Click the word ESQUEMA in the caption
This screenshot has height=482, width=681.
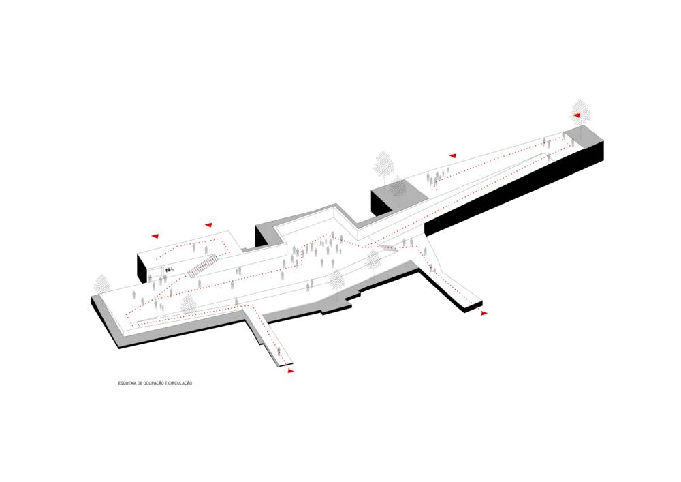click(126, 383)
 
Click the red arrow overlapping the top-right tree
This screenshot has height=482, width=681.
click(576, 115)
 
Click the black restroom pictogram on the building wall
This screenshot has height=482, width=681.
click(169, 270)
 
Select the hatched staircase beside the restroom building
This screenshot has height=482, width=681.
click(202, 266)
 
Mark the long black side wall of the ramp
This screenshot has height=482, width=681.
click(513, 187)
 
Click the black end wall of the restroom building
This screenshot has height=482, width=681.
click(142, 268)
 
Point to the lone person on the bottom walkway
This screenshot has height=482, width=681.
click(279, 352)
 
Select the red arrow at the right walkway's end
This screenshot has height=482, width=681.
click(484, 313)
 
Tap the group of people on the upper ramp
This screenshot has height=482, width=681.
click(436, 178)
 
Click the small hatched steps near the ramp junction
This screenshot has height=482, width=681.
click(387, 248)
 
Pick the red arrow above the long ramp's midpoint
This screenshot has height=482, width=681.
click(453, 155)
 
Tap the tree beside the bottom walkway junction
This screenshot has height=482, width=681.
click(188, 305)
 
